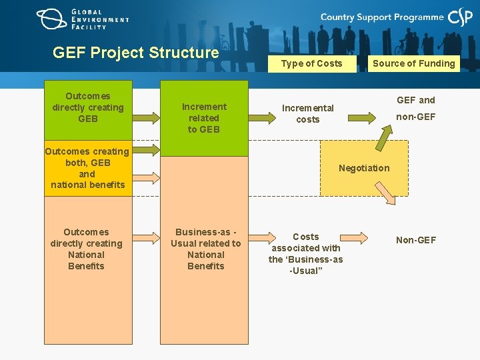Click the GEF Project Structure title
tap(135, 53)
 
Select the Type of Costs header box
tap(311, 63)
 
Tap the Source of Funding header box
tap(413, 63)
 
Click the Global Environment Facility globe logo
tap(52, 19)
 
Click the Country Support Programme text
tap(381, 17)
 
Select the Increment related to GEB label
tap(204, 118)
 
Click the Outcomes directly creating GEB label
tap(88, 107)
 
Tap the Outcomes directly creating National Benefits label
tap(86, 249)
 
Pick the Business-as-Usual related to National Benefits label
tap(205, 249)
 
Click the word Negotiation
tap(363, 168)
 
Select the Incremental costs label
tap(307, 113)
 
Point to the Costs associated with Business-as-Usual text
tap(305, 253)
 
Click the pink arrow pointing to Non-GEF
tap(351, 237)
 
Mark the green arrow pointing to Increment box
tap(147, 118)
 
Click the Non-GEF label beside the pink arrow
tap(416, 240)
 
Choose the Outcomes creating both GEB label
tap(87, 168)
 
